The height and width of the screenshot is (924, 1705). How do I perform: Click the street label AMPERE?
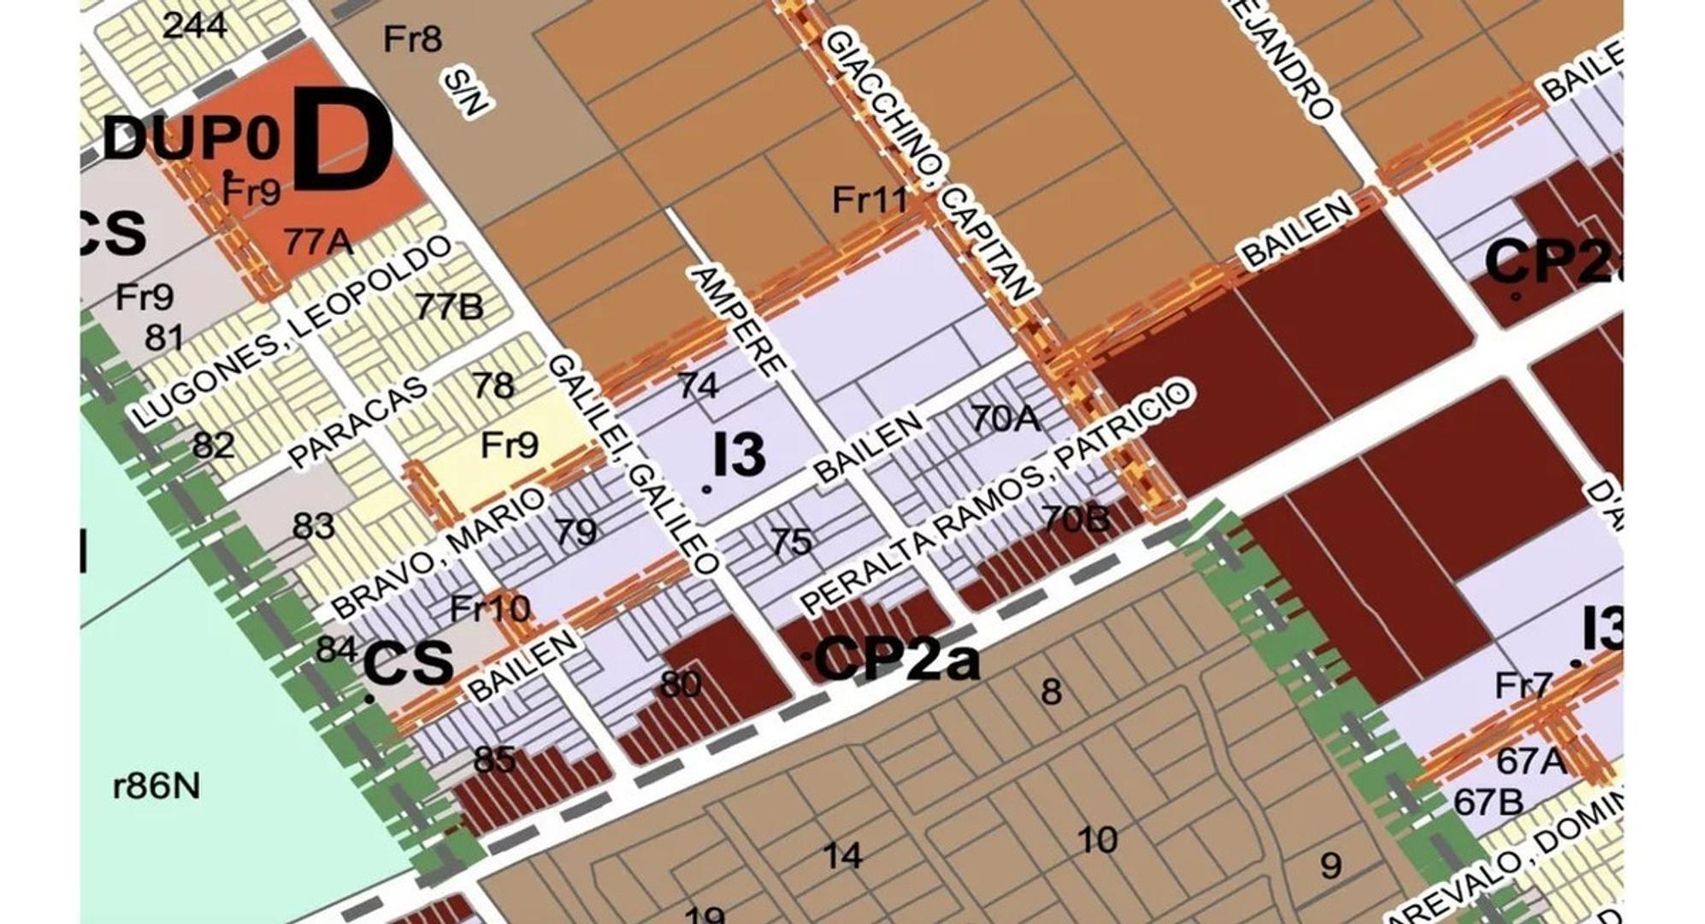click(736, 321)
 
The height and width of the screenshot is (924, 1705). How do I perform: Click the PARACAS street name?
click(357, 423)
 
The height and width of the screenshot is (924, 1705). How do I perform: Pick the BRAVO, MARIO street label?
click(438, 553)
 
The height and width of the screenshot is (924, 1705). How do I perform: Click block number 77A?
click(318, 242)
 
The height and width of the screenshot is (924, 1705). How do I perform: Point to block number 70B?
click(1076, 518)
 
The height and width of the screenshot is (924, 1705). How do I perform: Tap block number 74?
click(698, 385)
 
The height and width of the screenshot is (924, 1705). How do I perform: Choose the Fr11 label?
click(870, 200)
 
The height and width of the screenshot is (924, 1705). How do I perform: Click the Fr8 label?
click(412, 38)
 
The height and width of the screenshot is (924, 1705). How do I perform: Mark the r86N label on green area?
click(156, 785)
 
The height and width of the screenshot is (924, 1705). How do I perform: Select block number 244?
click(195, 25)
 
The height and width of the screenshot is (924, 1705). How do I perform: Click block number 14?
click(842, 855)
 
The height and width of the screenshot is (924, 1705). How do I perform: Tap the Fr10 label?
click(490, 609)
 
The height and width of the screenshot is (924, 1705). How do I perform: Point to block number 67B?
click(1488, 802)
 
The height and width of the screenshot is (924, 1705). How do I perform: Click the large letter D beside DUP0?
click(342, 141)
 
